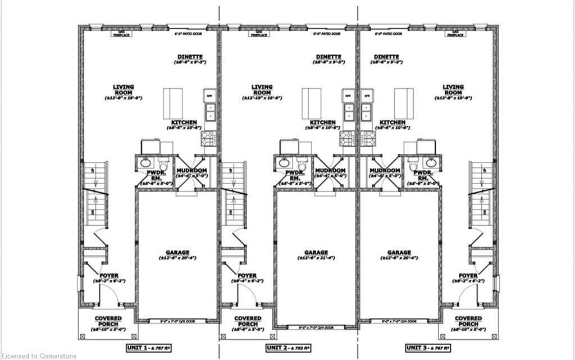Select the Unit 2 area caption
[287, 349]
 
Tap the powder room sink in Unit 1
[140, 163]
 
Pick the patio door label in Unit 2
[326, 34]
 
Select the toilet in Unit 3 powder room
[414, 166]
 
